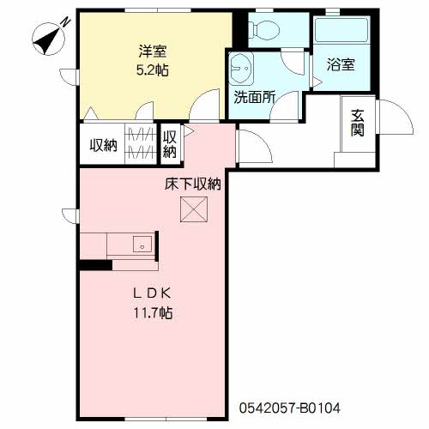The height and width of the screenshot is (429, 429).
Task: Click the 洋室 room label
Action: coord(153,51)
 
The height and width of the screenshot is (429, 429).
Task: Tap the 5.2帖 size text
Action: coord(152,70)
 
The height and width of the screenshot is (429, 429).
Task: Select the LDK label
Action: coord(153,293)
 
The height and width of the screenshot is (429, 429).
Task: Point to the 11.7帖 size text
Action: coord(153,312)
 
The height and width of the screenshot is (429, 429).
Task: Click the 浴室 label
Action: coord(341,64)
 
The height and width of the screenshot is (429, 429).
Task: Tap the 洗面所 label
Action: coord(255,97)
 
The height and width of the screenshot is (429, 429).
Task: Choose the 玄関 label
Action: coord(358,123)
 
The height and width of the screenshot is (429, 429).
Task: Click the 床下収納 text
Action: coord(193,184)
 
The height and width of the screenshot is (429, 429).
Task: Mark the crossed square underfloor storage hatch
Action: coord(194,209)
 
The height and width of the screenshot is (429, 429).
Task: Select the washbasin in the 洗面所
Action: coord(241,68)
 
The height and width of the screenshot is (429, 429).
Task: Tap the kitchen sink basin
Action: coord(142,244)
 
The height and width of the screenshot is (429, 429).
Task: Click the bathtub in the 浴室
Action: coord(341,30)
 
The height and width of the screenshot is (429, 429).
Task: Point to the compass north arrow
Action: coord(48,39)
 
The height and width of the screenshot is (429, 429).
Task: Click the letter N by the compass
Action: coord(66,21)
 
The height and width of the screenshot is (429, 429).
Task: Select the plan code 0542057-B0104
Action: coord(290,408)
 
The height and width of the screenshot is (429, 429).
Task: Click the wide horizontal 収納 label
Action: coord(104,145)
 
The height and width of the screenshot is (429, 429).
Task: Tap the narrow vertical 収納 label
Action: coord(170,144)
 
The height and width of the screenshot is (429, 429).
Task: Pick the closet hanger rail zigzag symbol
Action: coord(142,144)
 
